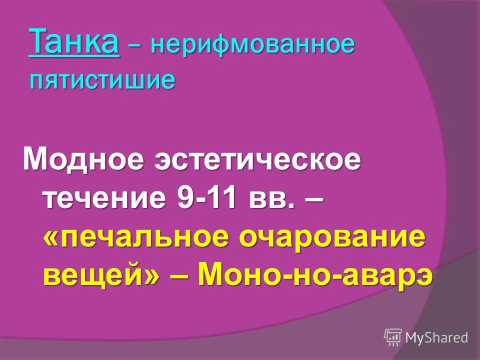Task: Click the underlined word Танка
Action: pos(74,42)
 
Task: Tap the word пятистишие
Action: pos(102,80)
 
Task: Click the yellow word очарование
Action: pos(332,237)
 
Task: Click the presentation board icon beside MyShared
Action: pos(393,337)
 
